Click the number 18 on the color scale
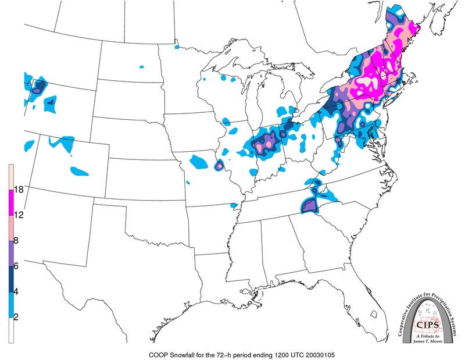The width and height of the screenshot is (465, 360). [x=19, y=190]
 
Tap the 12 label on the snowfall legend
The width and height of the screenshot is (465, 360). [x=19, y=215]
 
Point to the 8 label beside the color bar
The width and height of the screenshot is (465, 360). [x=17, y=241]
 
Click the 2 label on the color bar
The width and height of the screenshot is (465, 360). [x=17, y=318]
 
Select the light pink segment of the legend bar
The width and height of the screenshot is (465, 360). [x=10, y=228]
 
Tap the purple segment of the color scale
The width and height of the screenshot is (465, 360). [x=10, y=254]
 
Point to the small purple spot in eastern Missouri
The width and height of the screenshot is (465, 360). [x=219, y=166]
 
